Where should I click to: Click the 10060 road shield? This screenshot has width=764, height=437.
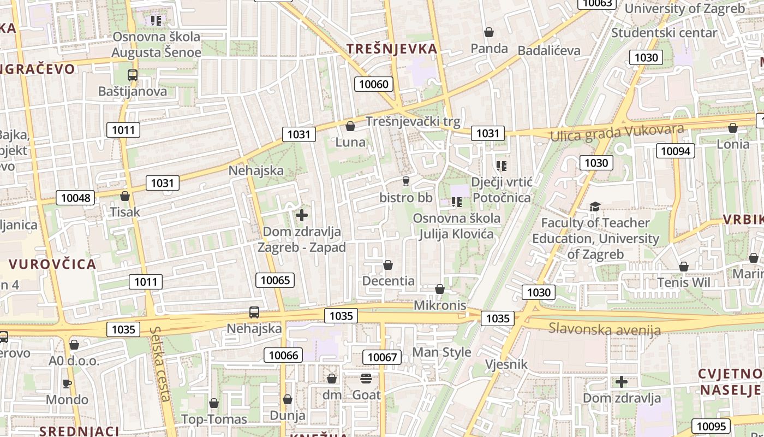point(374,84)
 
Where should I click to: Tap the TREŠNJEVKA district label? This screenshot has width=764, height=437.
point(392,49)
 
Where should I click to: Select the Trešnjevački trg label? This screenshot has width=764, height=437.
point(413,121)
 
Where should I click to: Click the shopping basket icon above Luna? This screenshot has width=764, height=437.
point(350,127)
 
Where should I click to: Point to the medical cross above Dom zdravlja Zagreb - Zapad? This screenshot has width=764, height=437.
point(302,215)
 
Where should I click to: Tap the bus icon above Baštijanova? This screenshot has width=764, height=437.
point(133,75)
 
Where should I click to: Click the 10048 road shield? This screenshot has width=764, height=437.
point(75,198)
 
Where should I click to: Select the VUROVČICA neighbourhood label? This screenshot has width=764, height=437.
point(52,264)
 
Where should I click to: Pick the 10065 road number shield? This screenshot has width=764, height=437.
point(275,281)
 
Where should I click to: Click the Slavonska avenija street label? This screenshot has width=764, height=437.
point(605,329)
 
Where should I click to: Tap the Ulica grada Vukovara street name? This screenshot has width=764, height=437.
point(617,133)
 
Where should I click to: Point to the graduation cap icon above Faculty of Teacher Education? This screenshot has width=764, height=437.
point(595,206)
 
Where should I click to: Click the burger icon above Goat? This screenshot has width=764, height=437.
point(366,378)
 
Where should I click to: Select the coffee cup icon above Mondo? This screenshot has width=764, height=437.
point(67,383)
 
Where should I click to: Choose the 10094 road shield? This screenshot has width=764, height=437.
point(675,151)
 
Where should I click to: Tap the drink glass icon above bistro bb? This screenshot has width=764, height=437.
point(405,181)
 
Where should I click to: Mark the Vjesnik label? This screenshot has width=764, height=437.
point(506,364)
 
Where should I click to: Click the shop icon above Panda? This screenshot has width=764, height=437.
point(489,32)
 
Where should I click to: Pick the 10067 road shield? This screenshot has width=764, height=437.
point(382,357)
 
